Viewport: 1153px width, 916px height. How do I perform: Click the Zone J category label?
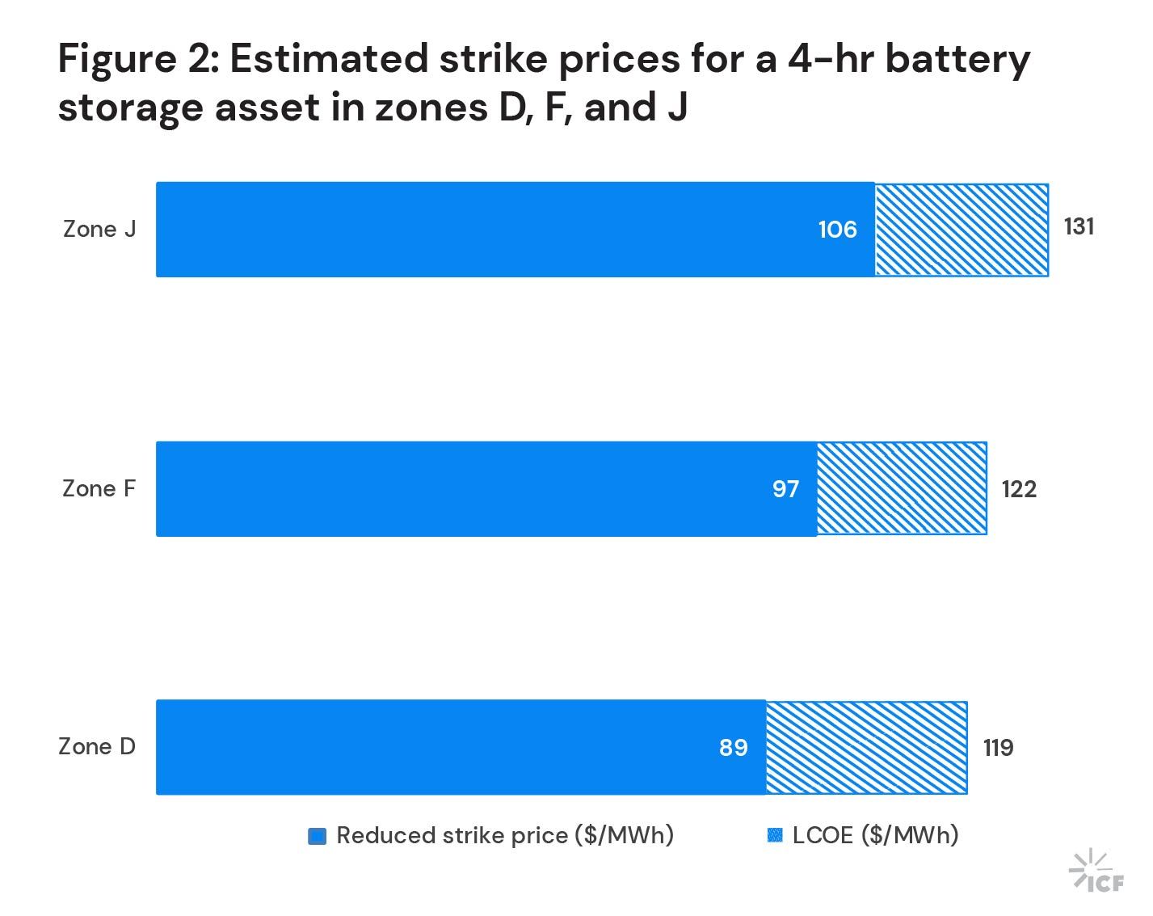click(x=99, y=230)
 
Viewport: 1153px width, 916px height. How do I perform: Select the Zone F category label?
click(x=99, y=489)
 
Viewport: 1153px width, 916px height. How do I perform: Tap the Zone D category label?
click(x=97, y=747)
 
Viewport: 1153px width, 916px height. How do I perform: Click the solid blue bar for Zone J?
click(x=485, y=230)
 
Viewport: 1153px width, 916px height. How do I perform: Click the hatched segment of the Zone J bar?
click(x=962, y=230)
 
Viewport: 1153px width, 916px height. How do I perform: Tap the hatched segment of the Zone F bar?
click(x=902, y=489)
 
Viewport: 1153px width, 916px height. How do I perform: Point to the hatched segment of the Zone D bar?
click(x=866, y=747)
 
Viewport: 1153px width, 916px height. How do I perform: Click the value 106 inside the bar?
click(x=837, y=230)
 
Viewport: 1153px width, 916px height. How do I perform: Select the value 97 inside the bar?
click(x=785, y=489)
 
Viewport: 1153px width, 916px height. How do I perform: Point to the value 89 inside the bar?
click(x=734, y=748)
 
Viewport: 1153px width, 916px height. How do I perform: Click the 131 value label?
click(x=1079, y=227)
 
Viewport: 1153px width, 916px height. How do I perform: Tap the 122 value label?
click(x=1019, y=489)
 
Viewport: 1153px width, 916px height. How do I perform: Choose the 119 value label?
click(x=998, y=748)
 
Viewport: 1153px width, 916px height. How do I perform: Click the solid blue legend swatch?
click(x=318, y=837)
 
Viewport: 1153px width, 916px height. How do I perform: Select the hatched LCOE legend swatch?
click(x=775, y=836)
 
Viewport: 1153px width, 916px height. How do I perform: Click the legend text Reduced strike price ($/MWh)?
click(x=505, y=836)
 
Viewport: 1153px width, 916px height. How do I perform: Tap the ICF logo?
click(x=1096, y=872)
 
